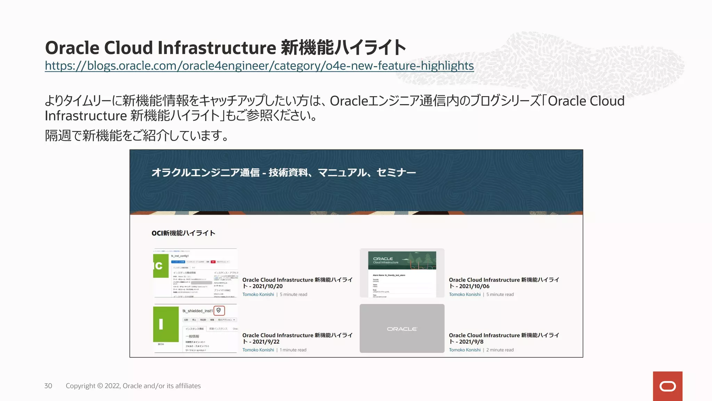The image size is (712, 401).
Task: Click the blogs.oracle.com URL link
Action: [259, 66]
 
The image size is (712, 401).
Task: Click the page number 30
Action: [48, 386]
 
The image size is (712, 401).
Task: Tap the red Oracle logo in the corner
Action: [667, 386]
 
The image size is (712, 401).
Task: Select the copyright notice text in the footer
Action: [133, 386]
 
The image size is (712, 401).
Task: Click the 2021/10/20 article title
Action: [297, 283]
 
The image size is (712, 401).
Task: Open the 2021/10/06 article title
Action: [504, 283]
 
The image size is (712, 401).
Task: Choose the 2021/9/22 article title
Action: [297, 338]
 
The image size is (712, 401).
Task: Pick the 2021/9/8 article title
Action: [504, 338]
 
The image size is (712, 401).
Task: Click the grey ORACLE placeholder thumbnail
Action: [402, 328]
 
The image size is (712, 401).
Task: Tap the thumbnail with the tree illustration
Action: [402, 273]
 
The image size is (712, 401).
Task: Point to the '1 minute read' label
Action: [293, 350]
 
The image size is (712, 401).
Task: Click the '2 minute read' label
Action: [500, 350]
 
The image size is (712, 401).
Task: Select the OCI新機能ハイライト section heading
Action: [183, 233]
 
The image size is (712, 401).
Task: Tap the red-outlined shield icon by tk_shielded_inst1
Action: [219, 310]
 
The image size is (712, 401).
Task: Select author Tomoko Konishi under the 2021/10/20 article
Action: [258, 294]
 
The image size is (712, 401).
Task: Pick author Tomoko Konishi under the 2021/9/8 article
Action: [464, 350]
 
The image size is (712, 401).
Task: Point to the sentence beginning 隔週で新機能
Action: [137, 135]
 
